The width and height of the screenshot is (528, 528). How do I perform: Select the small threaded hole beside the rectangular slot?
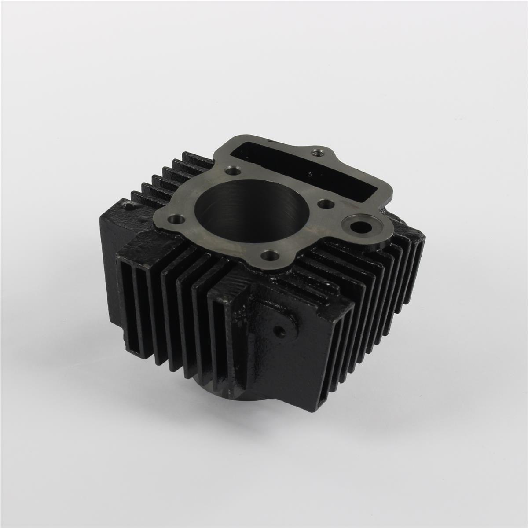(315, 153)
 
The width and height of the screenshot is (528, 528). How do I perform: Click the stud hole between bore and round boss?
(325, 204)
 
